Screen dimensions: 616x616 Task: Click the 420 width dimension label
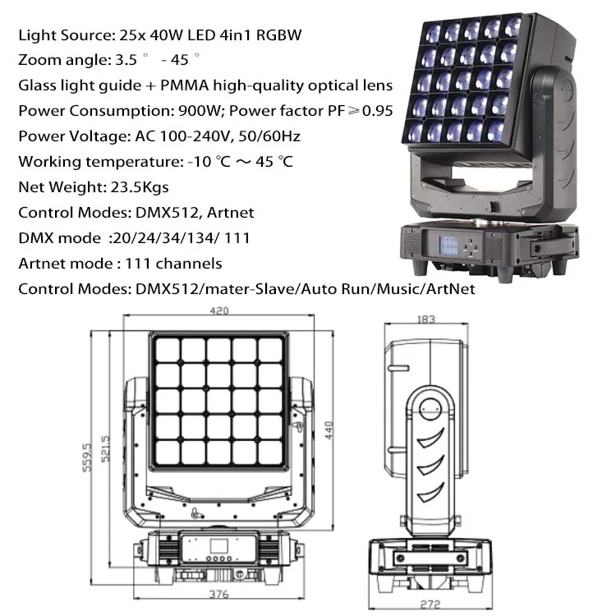click(x=218, y=311)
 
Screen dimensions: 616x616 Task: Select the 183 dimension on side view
click(x=425, y=319)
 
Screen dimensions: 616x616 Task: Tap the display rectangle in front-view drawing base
click(x=219, y=545)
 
